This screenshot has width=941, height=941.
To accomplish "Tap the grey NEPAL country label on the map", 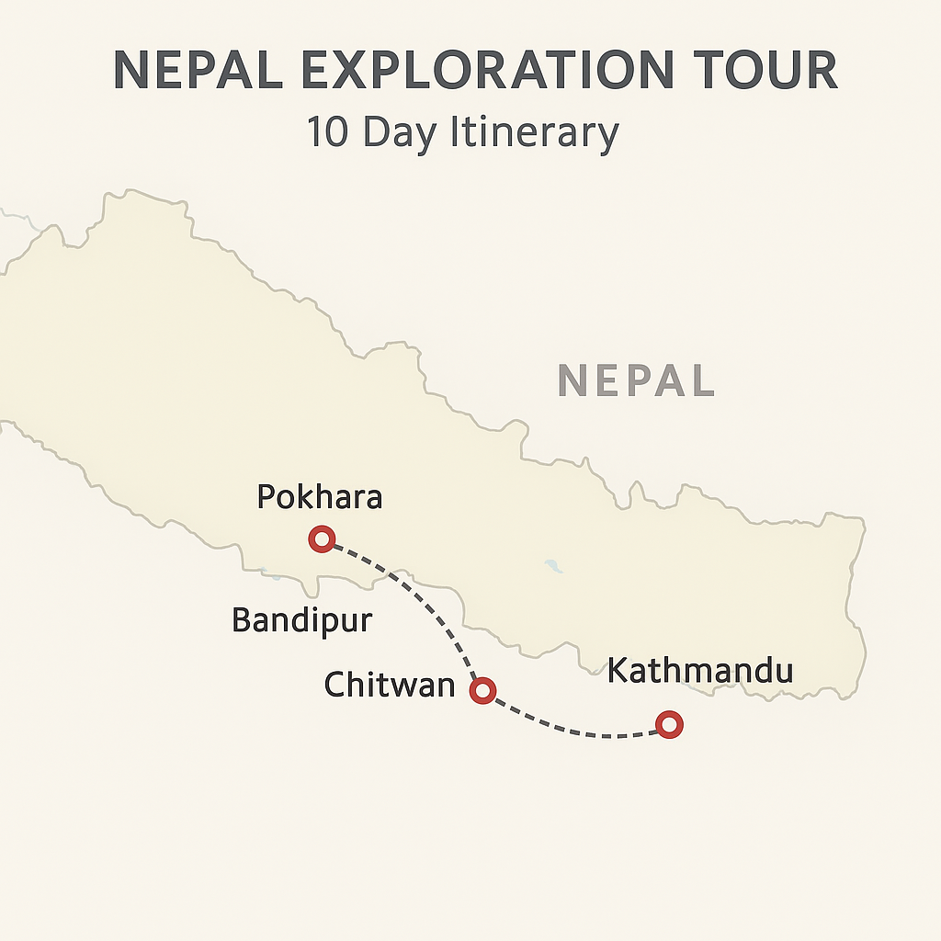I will coord(636,380).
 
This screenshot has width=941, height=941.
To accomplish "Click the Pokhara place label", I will coord(319,497).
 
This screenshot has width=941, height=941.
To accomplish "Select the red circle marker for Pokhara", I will coord(322,539).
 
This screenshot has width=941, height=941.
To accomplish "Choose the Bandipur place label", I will coord(301,620).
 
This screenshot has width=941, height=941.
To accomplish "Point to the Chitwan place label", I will coord(390,685).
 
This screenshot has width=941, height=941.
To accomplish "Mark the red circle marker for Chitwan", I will coord(482,691).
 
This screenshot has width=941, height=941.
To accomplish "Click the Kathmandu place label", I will coord(700,670).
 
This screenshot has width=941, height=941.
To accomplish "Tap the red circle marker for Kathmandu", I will coord(670,724).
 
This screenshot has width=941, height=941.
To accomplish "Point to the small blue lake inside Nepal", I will coord(553,566).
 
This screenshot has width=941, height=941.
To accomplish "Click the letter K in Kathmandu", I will coord(618,670).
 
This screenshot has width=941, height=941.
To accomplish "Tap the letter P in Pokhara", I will coord(266,497).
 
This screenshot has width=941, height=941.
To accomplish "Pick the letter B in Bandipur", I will coord(242,620).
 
